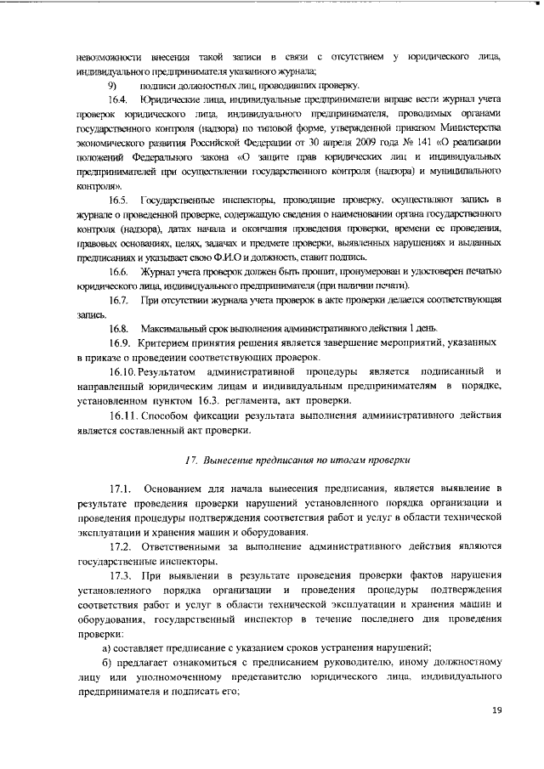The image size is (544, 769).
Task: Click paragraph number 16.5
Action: [x=118, y=199]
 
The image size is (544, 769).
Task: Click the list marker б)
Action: [x=107, y=663]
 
